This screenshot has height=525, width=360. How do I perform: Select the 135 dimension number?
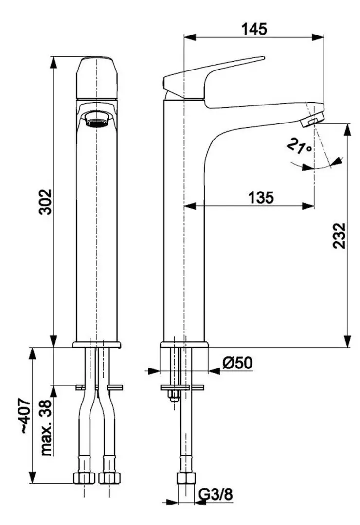click(261, 197)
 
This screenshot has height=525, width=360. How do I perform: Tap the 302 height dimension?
click(45, 201)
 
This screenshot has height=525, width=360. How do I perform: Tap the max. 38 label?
click(47, 427)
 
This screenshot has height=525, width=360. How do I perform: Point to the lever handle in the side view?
click(214, 73)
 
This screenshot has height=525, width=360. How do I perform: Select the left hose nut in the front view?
click(83, 477)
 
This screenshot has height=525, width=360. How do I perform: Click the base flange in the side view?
click(184, 345)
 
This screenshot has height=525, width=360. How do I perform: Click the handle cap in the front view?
click(97, 78)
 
